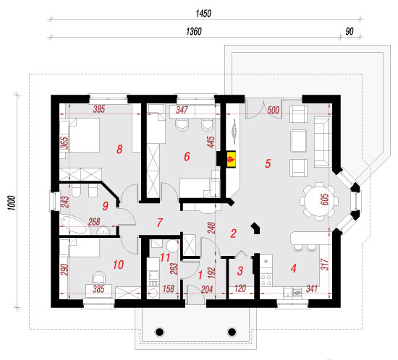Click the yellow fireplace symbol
point(232,159)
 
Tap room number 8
point(119,150)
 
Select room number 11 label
point(165,257)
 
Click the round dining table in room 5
point(319,201)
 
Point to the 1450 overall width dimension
point(203,14)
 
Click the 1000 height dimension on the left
point(12,202)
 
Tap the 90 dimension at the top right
point(350,31)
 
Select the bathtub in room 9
point(75,225)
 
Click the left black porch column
point(160,332)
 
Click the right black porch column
point(232,332)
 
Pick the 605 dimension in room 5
point(325,200)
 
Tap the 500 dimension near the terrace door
point(273,111)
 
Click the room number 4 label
point(294,268)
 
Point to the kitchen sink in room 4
point(292,292)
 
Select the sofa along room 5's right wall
point(322,142)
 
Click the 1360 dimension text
point(194,31)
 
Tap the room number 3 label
point(240,271)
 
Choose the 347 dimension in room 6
point(182,110)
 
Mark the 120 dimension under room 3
point(240,288)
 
